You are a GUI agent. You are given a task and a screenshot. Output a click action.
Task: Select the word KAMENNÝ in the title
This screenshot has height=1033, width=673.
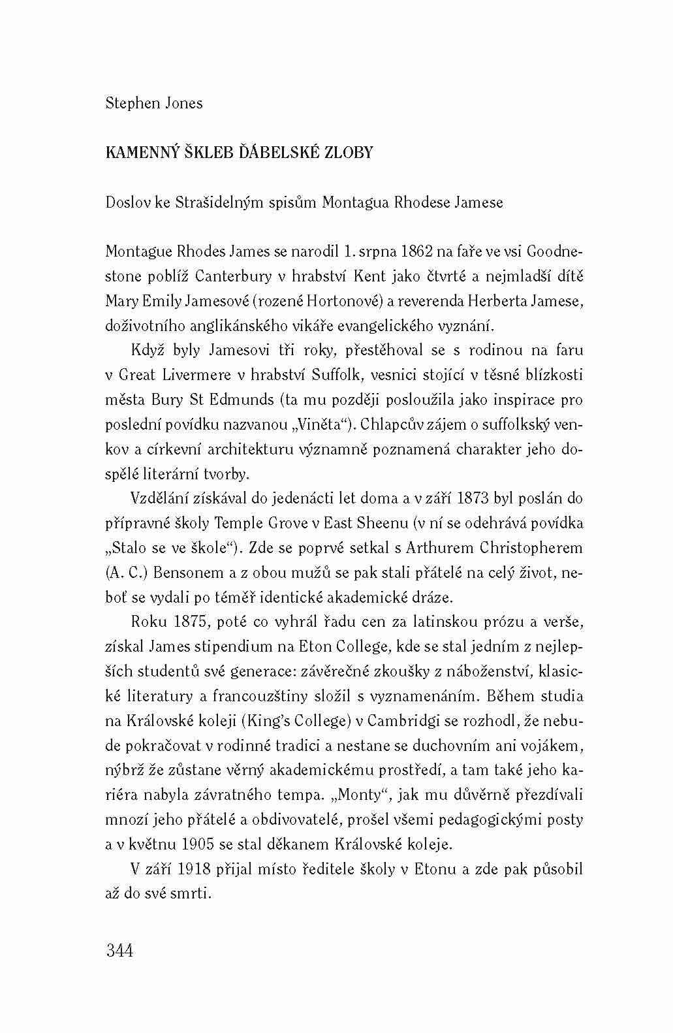[x=135, y=153]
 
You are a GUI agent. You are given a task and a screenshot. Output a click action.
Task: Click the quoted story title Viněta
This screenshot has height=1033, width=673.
[x=323, y=424]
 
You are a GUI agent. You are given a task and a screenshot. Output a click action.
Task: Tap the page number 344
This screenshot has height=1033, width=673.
[x=119, y=950]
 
